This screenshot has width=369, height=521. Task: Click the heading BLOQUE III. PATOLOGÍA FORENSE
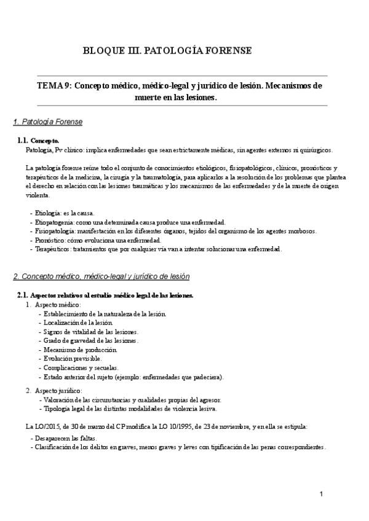[x=167, y=50]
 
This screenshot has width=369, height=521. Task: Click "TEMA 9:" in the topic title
[x=54, y=87]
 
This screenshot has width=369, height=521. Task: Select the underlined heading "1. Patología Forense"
[x=48, y=122]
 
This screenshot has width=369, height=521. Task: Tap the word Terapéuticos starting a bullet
[x=53, y=249]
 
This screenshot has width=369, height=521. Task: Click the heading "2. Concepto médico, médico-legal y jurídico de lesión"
[x=101, y=276]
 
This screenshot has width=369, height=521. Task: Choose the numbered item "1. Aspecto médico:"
[x=58, y=305]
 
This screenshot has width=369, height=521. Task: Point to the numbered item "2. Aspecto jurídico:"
[x=59, y=391]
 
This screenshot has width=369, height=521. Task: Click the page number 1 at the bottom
[x=321, y=495]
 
